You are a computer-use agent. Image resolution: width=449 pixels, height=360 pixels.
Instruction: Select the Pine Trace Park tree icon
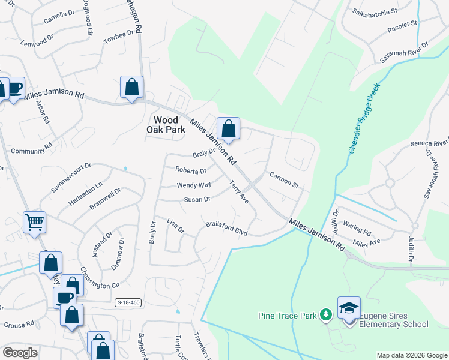(325, 314)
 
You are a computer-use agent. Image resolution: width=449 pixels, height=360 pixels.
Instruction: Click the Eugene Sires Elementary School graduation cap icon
(349, 307)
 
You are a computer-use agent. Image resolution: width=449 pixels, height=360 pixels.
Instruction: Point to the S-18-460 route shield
(128, 302)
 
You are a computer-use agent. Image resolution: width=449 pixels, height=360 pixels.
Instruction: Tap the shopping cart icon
(35, 222)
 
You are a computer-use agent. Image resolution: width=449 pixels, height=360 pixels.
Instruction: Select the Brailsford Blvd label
(226, 228)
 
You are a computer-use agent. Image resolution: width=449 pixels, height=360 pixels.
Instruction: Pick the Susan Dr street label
(197, 199)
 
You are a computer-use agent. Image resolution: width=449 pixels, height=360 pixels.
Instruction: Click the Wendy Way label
(193, 185)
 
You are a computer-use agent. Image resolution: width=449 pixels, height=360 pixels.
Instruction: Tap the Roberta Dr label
(190, 171)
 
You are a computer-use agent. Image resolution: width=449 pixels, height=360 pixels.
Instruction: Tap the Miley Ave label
(367, 242)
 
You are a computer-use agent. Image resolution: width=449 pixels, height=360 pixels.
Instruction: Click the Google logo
(20, 353)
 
